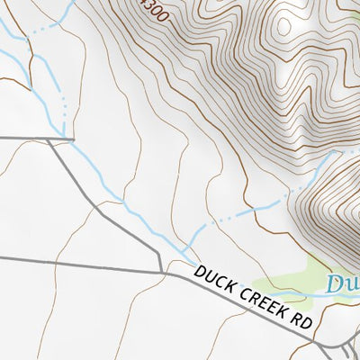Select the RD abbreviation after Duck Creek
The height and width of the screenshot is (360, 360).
[x=301, y=323]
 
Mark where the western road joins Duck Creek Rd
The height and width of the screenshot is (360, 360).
[x=162, y=271]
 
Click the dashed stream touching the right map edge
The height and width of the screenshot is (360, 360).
[x=346, y=153]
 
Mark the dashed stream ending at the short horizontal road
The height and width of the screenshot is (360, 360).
[x=64, y=112]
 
